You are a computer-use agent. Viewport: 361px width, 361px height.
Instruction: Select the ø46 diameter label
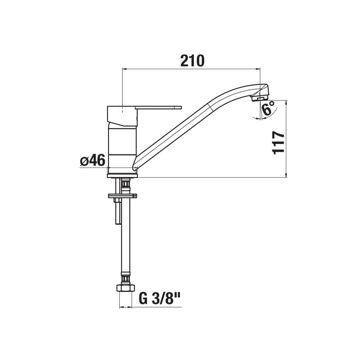(92, 160)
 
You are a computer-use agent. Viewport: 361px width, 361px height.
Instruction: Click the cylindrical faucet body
(122, 146)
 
